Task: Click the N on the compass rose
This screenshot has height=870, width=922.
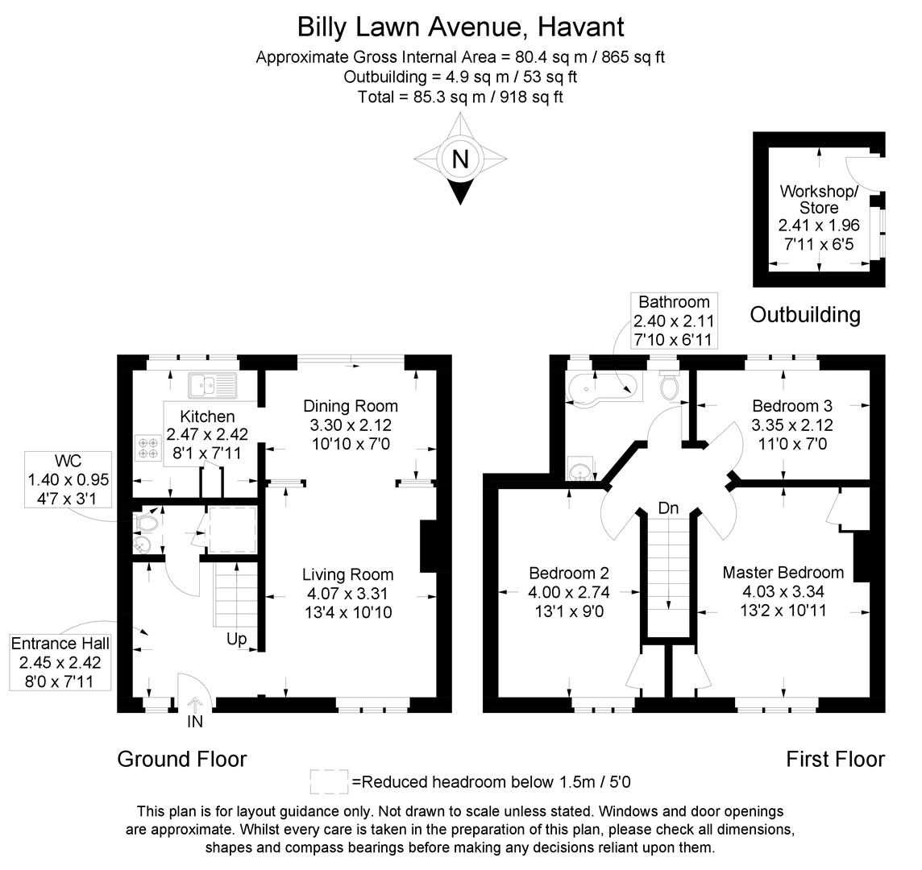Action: [x=460, y=159]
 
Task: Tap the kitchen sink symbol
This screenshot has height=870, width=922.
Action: [x=212, y=386]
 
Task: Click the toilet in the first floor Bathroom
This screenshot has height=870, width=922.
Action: [x=669, y=387]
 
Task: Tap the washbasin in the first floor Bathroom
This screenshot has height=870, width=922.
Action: [x=579, y=468]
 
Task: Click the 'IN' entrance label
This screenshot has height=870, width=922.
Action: [x=195, y=722]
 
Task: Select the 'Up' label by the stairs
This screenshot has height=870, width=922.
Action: [x=236, y=639]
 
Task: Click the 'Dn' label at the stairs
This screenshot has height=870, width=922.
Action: [x=668, y=508]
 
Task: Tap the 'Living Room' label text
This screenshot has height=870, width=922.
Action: [x=347, y=574]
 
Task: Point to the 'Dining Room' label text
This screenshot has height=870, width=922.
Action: [x=350, y=405]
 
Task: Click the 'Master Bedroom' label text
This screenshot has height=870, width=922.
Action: [x=783, y=573]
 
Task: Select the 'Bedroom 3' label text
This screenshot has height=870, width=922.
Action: [x=791, y=405]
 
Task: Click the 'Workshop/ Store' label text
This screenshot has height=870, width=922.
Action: [x=819, y=199]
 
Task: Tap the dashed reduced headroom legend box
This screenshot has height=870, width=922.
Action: [x=329, y=781]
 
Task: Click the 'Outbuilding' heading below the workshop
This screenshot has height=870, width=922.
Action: [x=804, y=314]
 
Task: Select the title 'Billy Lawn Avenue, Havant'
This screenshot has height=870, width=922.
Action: [x=460, y=27]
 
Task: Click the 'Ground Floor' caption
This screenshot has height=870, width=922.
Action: [x=181, y=759]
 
